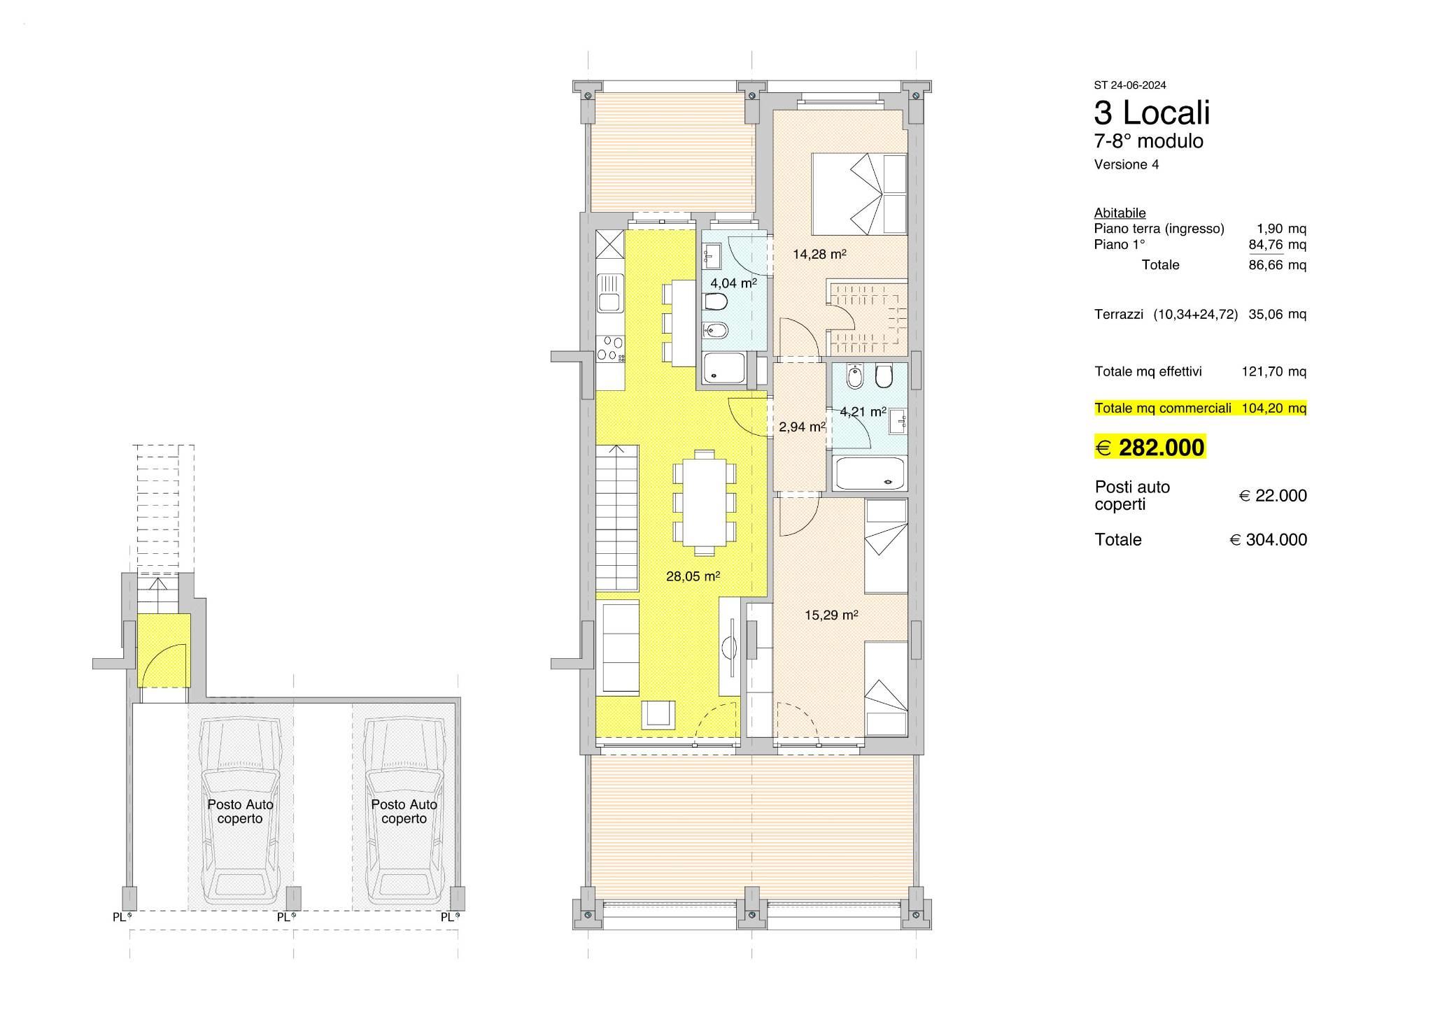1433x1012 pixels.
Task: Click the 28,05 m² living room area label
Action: (x=693, y=576)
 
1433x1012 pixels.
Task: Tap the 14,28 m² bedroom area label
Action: (x=819, y=255)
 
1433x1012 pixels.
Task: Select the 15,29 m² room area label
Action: (x=831, y=615)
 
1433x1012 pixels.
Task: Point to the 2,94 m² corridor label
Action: (x=802, y=427)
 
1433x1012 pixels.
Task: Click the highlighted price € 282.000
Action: (x=1150, y=447)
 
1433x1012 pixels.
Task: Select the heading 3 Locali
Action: (x=1152, y=113)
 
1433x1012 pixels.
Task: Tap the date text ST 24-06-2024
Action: (x=1130, y=85)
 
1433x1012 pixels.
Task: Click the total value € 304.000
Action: (x=1269, y=540)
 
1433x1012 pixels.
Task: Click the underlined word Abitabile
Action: (x=1120, y=213)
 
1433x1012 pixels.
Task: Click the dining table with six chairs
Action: (x=705, y=502)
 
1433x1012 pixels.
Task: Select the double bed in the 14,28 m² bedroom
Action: (x=859, y=194)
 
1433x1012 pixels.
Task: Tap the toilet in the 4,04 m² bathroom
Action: (x=716, y=303)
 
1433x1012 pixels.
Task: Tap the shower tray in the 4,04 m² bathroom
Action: (x=725, y=368)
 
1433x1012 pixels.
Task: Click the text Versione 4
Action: (x=1127, y=165)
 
